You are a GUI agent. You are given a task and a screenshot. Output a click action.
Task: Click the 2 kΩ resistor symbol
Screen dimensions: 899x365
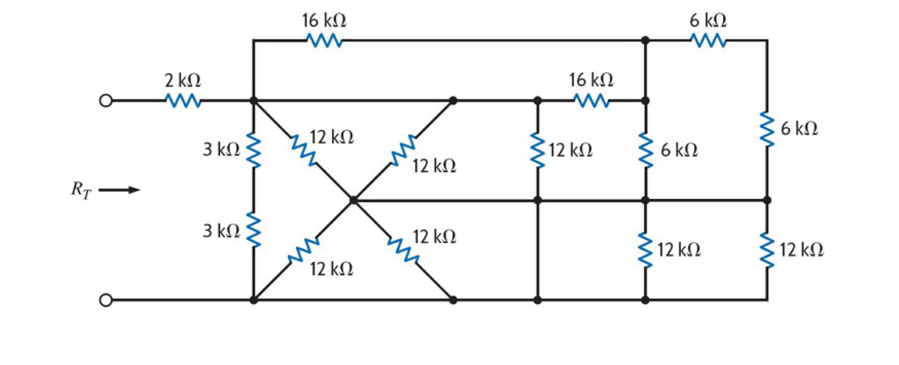click(x=183, y=100)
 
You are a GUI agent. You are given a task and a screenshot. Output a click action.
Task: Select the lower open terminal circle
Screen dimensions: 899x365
click(x=106, y=300)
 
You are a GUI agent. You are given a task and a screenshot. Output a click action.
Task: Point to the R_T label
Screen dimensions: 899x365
click(x=80, y=190)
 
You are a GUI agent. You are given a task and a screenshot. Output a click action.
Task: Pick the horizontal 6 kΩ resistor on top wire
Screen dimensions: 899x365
click(x=707, y=40)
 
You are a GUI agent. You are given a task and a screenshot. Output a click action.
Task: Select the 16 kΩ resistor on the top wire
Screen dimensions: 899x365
click(x=324, y=40)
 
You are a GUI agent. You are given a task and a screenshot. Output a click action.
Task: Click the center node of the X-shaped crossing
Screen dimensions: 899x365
click(x=353, y=200)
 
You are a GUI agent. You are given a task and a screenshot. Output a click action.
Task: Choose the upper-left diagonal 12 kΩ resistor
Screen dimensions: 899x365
click(x=303, y=150)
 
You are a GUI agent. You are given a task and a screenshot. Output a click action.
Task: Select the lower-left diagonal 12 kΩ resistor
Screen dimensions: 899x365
click(x=303, y=250)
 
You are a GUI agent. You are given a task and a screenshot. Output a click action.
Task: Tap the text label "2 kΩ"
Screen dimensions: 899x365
click(x=183, y=80)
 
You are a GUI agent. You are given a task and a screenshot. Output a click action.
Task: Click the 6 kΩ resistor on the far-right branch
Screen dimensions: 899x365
click(x=767, y=130)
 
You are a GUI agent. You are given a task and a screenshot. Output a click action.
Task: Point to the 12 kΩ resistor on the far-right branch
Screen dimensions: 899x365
click(x=767, y=250)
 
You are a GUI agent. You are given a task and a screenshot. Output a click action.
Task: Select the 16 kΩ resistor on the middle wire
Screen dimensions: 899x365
click(x=591, y=100)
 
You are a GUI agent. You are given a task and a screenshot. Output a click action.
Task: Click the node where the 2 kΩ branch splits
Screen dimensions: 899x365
click(x=254, y=100)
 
